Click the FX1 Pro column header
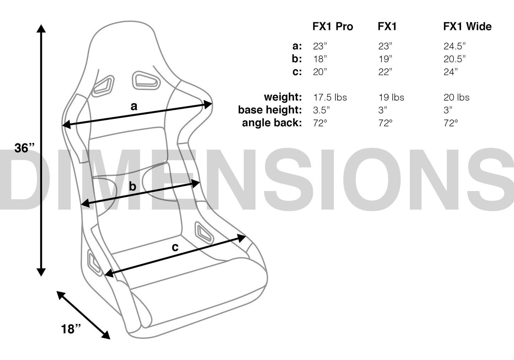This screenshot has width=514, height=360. point(333,26)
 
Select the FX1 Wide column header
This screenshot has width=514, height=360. point(467,26)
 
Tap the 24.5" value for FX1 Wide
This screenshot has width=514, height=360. point(454,46)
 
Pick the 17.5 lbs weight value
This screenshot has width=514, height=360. point(330,97)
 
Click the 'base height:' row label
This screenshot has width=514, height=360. point(270,110)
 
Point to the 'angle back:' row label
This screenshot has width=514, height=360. point(272,123)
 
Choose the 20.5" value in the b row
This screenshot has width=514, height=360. point(454,59)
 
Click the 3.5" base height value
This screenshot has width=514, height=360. point(321,110)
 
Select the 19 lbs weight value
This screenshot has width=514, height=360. point(391,97)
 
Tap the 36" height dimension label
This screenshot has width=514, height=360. point(24,148)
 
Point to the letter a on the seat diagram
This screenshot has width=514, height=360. point(134,106)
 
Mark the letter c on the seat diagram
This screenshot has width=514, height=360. point(175,247)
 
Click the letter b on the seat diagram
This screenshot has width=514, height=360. point(132,186)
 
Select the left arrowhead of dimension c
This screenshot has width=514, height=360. point(109,273)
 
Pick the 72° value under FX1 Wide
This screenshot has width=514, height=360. point(451,123)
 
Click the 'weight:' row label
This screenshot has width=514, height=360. point(283,97)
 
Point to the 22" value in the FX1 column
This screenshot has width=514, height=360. point(385,72)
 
